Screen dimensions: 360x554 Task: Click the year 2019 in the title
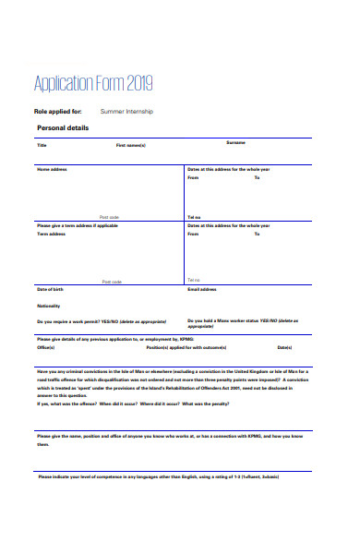pos(137,85)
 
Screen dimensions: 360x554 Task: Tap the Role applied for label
pos(57,112)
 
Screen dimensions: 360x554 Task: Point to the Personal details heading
pos(63,127)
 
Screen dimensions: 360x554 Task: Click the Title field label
pos(42,146)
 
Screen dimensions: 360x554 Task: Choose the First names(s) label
pos(130,146)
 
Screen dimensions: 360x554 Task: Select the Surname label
pos(236,142)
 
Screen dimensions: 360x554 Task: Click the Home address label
pos(52,170)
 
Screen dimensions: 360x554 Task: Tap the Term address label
pos(52,234)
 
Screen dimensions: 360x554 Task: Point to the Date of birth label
pos(50,289)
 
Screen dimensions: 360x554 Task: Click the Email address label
pos(201,289)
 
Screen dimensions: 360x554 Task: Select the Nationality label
pos(48,306)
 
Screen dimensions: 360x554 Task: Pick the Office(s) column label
pos(46,348)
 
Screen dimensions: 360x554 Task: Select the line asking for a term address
pos(78,224)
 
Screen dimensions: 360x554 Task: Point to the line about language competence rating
pos(158,476)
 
